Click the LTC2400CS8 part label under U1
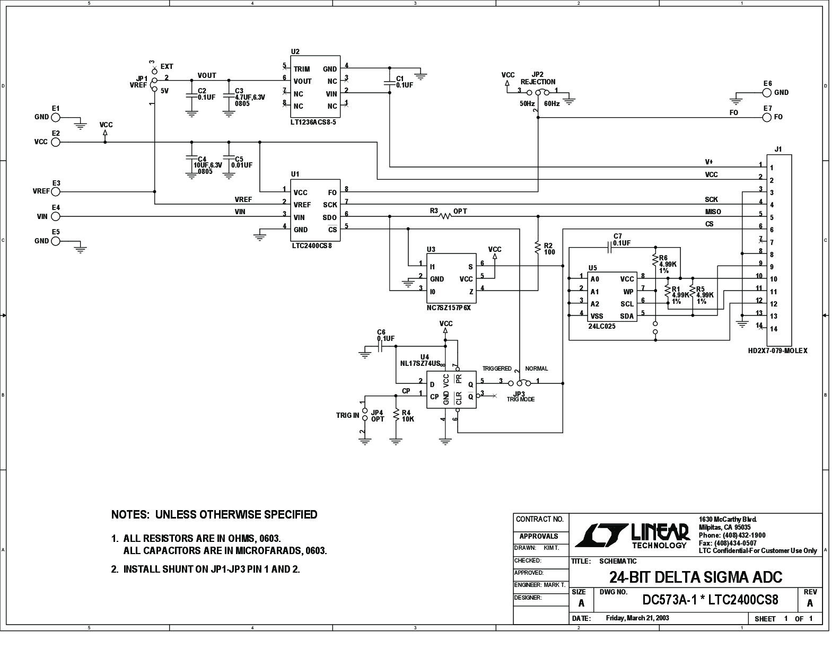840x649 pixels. (312, 246)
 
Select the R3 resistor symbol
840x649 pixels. (445, 216)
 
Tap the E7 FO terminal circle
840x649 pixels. (766, 117)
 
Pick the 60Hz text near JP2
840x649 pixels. (552, 104)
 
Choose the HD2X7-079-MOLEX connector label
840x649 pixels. (777, 350)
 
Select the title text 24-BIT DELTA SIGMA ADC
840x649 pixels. (695, 577)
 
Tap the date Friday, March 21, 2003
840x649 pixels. (637, 618)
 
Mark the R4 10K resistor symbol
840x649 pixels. (395, 415)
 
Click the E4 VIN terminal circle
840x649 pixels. (56, 216)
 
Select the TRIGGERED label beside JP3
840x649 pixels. (497, 369)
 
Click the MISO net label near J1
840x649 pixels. (713, 212)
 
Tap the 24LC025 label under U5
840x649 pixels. (601, 327)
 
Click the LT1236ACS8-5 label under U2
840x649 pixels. (313, 121)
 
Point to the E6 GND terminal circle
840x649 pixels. (766, 92)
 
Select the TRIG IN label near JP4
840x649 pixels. (347, 415)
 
